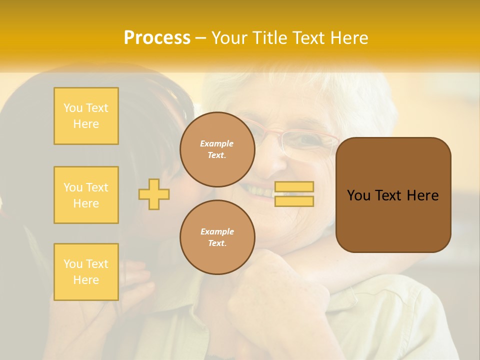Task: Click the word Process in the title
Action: pos(157,38)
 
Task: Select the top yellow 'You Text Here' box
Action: pos(86,116)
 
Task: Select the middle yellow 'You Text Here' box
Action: pos(86,195)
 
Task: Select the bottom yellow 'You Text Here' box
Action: pos(86,272)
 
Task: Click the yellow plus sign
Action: pos(154,194)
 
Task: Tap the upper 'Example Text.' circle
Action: pos(217,149)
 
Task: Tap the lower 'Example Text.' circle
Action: pos(217,237)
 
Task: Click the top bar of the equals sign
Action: pos(294,186)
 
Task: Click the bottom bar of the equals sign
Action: pos(294,201)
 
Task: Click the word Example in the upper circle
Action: pos(217,143)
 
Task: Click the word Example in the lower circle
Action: pos(217,231)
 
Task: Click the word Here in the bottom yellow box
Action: pos(86,280)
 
